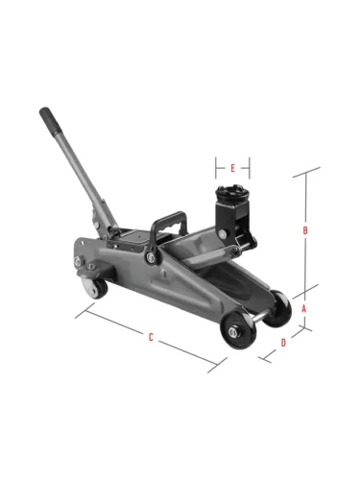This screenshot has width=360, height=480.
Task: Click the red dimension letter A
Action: [x=304, y=309]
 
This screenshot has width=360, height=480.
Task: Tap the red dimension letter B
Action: [x=305, y=230]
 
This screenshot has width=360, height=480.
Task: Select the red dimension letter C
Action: [x=151, y=337]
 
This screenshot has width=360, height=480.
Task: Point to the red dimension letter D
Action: [x=283, y=343]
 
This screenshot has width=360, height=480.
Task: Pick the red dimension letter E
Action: [x=233, y=168]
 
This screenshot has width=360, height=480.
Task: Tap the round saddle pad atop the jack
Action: [x=231, y=193]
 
